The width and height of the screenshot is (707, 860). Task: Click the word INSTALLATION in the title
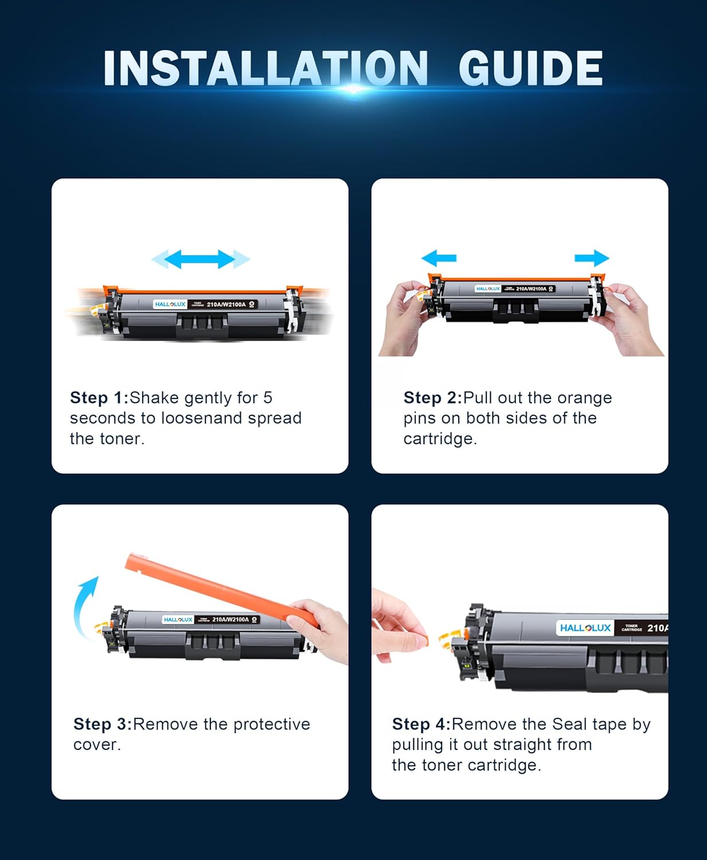pyautogui.click(x=265, y=69)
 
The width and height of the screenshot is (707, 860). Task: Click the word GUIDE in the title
pyautogui.click(x=530, y=69)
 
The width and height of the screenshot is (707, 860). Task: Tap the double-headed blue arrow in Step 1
pyautogui.click(x=200, y=259)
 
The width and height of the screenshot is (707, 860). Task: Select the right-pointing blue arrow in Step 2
pyautogui.click(x=592, y=258)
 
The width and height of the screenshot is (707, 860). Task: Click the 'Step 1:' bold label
pyautogui.click(x=99, y=398)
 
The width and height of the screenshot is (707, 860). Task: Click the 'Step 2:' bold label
pyautogui.click(x=432, y=398)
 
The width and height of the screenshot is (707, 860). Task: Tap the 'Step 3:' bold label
pyautogui.click(x=103, y=724)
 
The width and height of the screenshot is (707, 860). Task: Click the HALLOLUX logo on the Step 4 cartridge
pyautogui.click(x=585, y=628)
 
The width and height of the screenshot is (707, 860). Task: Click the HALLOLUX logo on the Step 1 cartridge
pyautogui.click(x=170, y=304)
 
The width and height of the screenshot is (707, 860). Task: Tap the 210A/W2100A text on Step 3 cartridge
pyautogui.click(x=231, y=620)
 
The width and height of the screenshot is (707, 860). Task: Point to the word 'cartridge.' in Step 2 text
pyautogui.click(x=440, y=439)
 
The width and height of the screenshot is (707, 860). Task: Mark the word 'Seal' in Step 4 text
pyautogui.click(x=572, y=724)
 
